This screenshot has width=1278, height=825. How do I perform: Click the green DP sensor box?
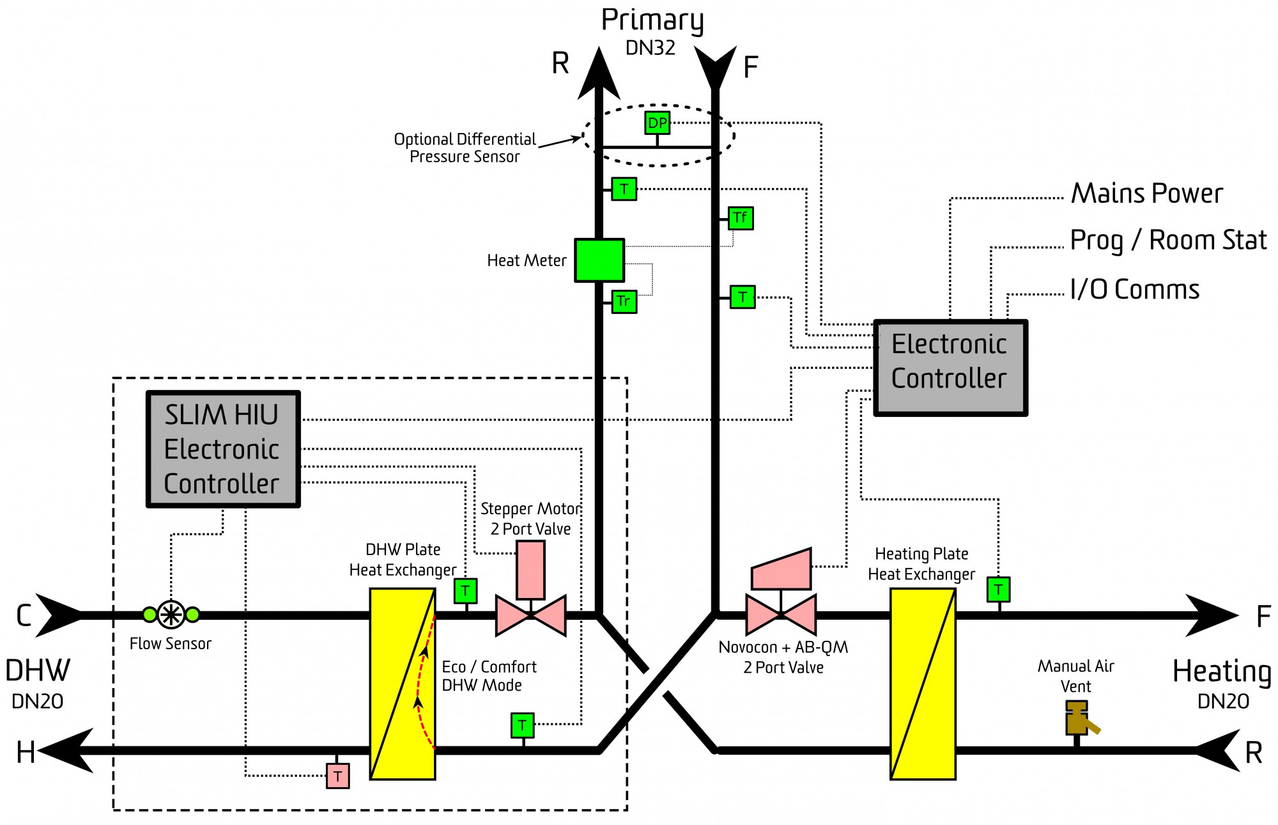657,122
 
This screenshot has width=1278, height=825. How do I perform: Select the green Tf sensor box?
741,218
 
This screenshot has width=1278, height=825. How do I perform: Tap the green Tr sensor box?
624,301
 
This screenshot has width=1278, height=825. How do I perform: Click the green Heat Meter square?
599,260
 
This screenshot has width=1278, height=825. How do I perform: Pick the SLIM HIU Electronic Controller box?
223,449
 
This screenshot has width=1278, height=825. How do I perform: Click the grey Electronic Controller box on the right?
950,368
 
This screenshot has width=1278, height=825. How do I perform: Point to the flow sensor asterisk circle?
171,615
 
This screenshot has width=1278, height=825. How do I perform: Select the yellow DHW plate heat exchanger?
403,684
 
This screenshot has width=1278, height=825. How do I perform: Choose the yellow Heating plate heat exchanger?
923,684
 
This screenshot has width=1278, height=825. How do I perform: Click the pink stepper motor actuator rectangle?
530,570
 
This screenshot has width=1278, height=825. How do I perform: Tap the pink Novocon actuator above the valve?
781,569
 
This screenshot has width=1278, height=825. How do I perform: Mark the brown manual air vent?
1080,719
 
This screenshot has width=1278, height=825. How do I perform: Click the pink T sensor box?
338,776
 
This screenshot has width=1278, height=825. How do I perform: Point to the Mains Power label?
1147,193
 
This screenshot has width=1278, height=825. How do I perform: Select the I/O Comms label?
1135,290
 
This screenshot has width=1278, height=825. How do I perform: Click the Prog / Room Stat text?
1168,240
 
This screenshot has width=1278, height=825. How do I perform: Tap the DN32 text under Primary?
651,48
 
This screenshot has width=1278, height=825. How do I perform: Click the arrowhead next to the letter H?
66,750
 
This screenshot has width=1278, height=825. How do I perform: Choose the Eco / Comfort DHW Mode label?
489,676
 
